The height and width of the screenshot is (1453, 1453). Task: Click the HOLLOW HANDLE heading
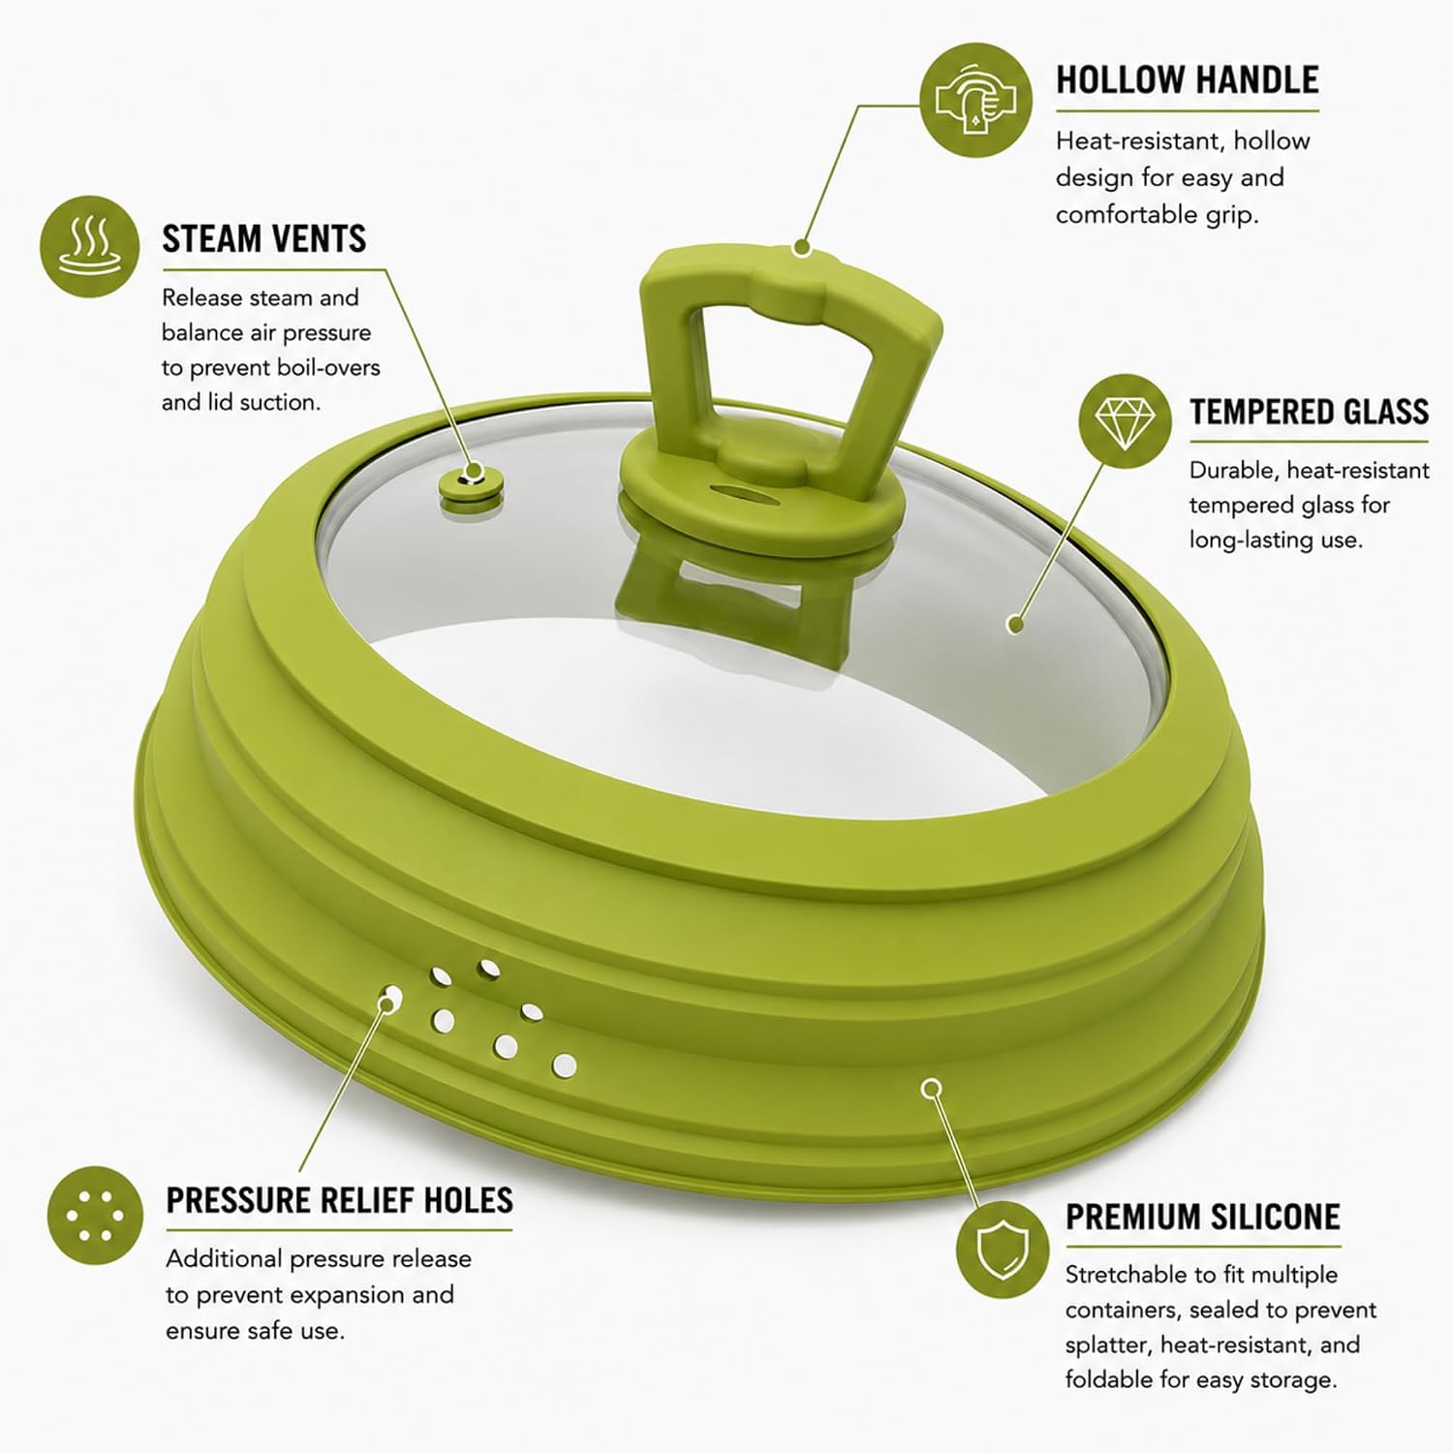(1187, 79)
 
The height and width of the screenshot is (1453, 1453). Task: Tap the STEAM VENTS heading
(264, 238)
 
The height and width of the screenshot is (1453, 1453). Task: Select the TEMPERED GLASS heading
(1309, 412)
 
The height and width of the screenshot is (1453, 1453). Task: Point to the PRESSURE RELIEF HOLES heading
(339, 1200)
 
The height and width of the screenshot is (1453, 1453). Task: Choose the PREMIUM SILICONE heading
(1203, 1217)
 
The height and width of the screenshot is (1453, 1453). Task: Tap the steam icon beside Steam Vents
(89, 246)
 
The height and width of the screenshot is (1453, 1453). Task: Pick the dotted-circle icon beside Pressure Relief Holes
(95, 1215)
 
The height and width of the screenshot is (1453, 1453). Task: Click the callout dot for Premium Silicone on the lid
(931, 1088)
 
